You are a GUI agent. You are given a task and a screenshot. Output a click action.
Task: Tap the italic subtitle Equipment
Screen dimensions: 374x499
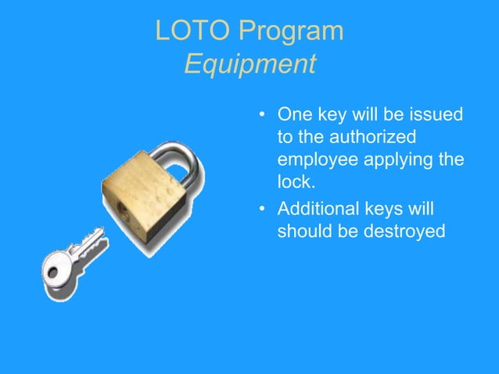coord(250,63)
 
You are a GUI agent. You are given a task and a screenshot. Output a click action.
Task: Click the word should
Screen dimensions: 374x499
coord(303,232)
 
